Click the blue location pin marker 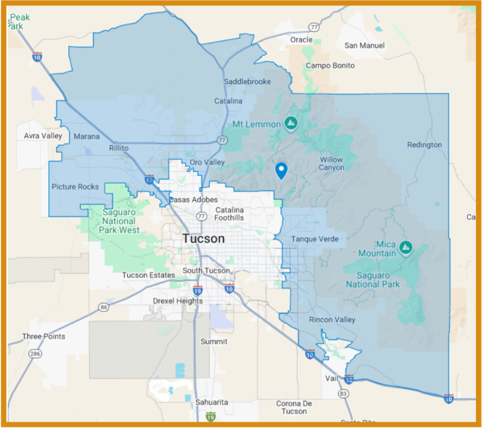coord(281,170)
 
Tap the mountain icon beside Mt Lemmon coord(291,122)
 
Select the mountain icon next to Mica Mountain coord(406,246)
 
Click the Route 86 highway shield coord(104,307)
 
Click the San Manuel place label coord(365,46)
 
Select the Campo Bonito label coord(330,65)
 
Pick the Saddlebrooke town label coord(247,81)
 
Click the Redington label coord(424,145)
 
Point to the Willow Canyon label coord(331,163)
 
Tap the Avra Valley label coord(43,136)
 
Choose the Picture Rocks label coord(75,187)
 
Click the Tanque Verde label coord(315,239)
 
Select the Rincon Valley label coord(332,320)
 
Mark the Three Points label coord(44,336)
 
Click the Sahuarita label coord(212,402)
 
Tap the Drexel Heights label coord(177,301)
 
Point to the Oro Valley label coord(207,162)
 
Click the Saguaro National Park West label coord(119,221)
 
